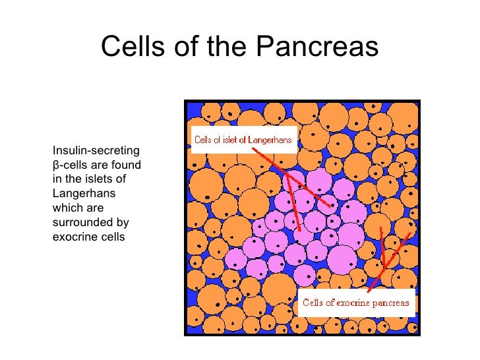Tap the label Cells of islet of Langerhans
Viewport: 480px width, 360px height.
coord(243,139)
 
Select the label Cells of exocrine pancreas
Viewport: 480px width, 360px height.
coord(355,303)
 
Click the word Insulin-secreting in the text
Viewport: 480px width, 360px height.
coord(96,151)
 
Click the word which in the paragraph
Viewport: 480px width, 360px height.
coord(65,207)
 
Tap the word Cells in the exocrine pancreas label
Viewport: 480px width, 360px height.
coord(313,304)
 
